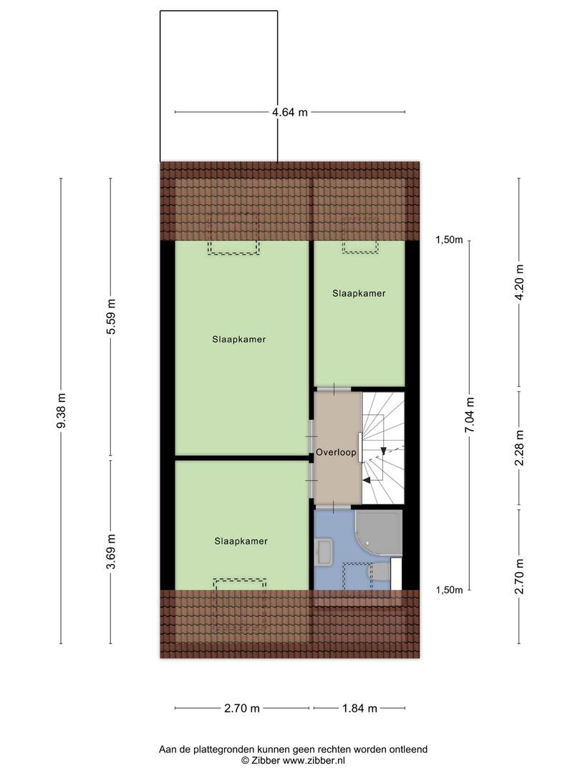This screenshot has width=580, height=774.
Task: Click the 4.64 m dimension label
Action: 290,113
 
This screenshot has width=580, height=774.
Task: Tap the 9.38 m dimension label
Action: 61,411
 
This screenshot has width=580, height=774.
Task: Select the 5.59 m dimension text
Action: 111,317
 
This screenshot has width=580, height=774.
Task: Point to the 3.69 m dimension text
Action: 111,551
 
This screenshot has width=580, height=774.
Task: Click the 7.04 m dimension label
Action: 470,415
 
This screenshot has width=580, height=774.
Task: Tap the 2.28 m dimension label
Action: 519,448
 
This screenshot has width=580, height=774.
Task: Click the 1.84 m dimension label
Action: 359,708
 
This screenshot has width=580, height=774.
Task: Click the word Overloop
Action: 336,452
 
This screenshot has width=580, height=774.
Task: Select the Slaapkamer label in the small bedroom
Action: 359,293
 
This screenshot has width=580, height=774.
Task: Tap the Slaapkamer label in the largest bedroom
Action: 239,340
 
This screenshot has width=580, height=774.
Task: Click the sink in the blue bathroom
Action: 324,551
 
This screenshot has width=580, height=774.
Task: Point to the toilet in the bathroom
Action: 380,572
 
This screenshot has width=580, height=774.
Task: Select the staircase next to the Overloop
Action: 383,448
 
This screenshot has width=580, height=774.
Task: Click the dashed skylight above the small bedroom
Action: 360,235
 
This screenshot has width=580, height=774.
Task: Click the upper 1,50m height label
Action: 449,240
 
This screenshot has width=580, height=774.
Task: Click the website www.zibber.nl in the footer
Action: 313,760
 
